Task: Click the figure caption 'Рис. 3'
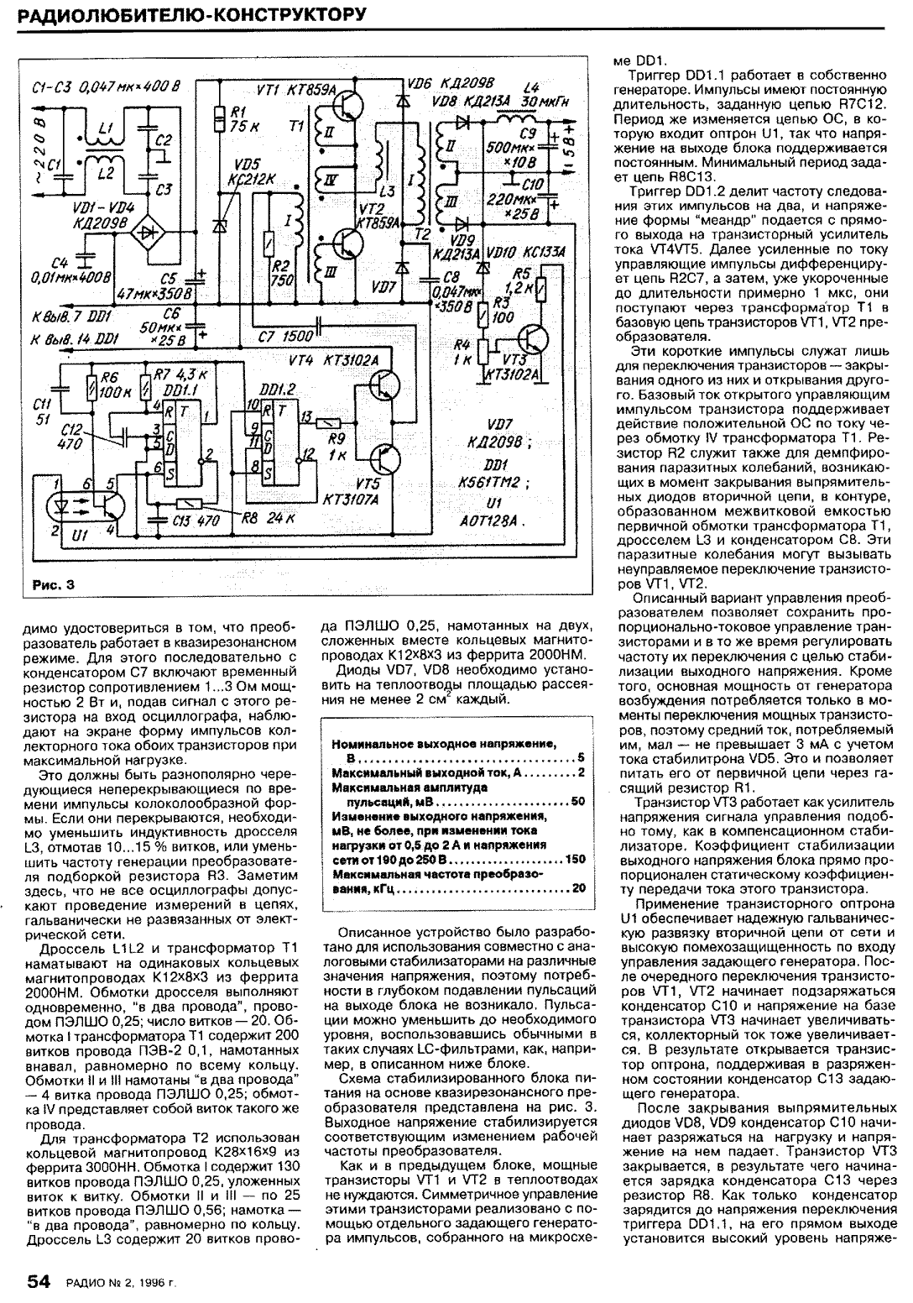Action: coord(48,585)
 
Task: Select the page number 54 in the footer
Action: coord(39,1281)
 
